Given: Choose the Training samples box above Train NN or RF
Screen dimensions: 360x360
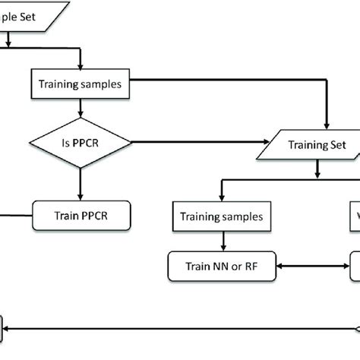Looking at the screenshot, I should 222,216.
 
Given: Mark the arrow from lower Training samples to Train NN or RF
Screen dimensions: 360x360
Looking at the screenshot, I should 222,241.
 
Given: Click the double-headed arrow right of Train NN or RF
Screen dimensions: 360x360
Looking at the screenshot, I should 313,266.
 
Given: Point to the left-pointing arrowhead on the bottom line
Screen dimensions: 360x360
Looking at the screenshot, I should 10,327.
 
